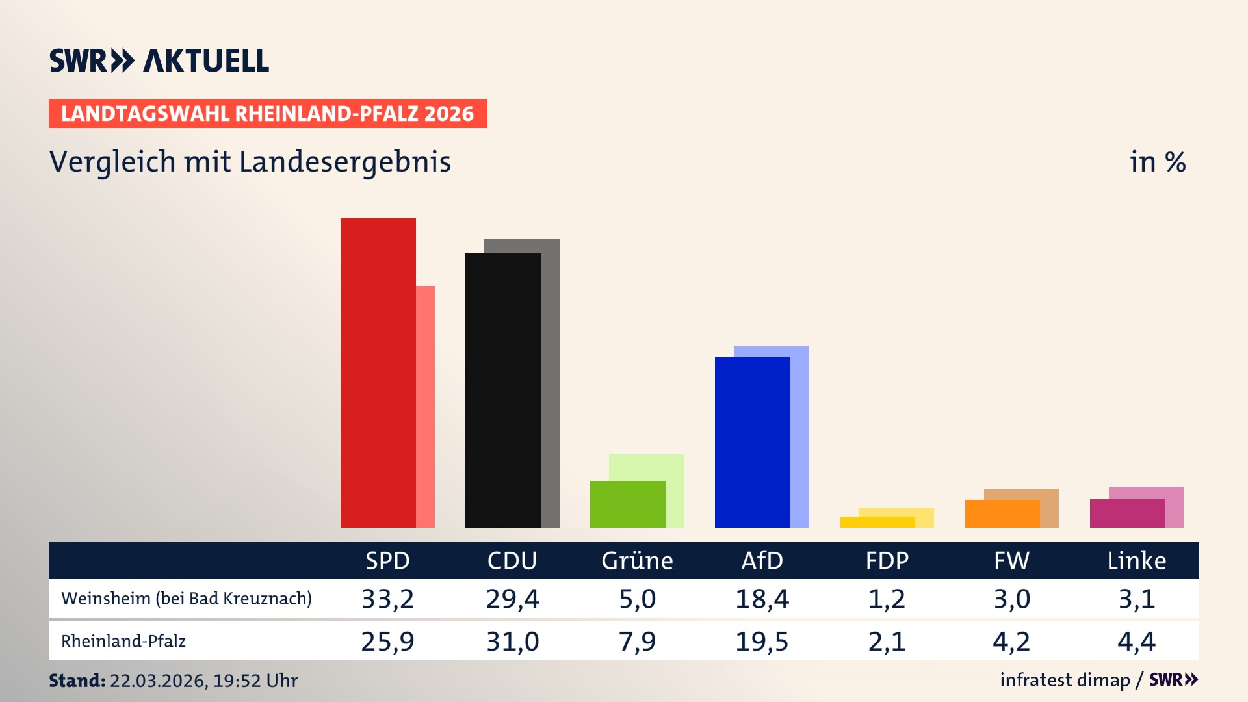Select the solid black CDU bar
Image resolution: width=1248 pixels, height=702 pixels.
(502, 390)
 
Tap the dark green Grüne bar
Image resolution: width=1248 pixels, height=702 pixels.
(627, 504)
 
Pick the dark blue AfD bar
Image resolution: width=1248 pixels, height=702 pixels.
(752, 442)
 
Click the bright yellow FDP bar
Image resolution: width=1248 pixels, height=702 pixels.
(877, 522)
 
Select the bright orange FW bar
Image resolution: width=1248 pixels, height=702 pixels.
(1002, 513)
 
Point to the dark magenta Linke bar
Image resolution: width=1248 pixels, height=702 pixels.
(1126, 513)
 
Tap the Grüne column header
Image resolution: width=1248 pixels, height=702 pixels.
(637, 560)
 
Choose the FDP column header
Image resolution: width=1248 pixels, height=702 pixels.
(887, 560)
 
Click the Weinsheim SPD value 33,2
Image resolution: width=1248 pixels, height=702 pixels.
(387, 599)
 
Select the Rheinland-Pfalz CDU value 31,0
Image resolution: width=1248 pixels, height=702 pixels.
(512, 642)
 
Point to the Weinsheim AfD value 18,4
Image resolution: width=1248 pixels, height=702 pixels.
(762, 599)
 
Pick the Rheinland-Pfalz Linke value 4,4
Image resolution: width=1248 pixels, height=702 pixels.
(1136, 642)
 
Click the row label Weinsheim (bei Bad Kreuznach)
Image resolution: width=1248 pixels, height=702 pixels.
(187, 599)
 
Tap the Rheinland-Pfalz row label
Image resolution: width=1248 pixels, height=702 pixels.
(123, 642)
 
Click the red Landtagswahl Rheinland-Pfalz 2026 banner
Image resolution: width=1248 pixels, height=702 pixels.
(268, 114)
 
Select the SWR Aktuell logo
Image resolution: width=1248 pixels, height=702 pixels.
(159, 60)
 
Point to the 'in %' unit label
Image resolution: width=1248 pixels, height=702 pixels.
(1157, 162)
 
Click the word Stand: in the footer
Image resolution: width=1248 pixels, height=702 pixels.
(77, 681)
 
